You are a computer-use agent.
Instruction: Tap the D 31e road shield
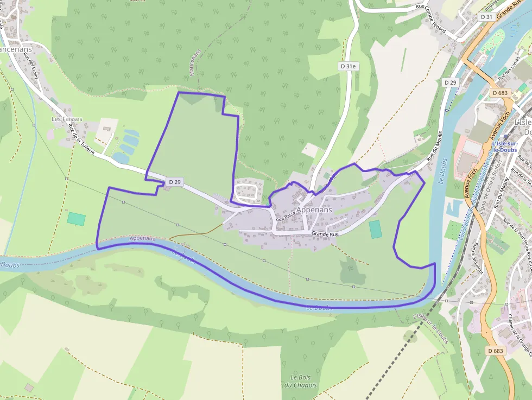[348, 66]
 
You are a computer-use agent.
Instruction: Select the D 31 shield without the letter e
[486, 17]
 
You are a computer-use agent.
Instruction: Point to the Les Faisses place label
[67, 118]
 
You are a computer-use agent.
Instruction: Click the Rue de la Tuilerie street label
[81, 139]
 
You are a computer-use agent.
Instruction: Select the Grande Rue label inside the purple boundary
[325, 234]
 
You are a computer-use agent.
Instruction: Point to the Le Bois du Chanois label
[303, 381]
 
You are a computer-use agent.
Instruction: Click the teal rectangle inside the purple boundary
[375, 229]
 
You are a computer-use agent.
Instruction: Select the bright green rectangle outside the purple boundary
[77, 219]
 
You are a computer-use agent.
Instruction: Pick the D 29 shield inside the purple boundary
[174, 182]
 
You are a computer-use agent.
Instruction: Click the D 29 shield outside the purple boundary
[450, 82]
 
